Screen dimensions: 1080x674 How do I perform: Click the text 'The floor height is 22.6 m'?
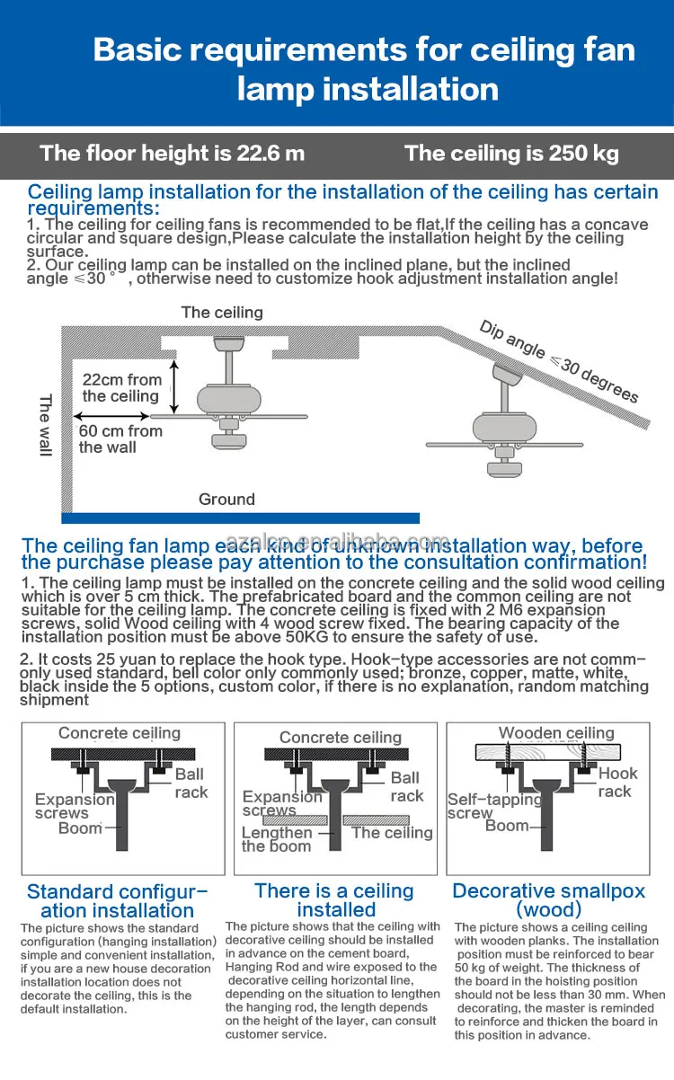173,153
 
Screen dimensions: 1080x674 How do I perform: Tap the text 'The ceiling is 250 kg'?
511,153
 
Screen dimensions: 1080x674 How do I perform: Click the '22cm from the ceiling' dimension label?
121,388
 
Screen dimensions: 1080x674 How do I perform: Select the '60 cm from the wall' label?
120,438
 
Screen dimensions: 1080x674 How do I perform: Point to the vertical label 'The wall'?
46,425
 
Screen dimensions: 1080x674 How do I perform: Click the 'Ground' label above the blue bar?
226,499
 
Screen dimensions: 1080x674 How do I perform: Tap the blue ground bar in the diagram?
240,518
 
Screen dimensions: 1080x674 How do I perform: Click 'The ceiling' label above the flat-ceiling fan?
222,312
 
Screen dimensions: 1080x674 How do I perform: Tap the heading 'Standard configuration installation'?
117,900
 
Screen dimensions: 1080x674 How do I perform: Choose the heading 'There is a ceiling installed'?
334,899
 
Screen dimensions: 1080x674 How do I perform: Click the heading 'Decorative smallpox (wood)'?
548,899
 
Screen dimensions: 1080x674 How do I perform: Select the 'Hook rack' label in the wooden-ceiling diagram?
617,782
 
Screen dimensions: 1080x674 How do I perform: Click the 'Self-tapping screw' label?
494,805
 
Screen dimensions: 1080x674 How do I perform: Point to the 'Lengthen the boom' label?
277,839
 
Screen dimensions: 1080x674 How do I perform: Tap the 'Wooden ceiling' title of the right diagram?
556,733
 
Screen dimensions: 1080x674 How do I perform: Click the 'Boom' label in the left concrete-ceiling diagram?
80,828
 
